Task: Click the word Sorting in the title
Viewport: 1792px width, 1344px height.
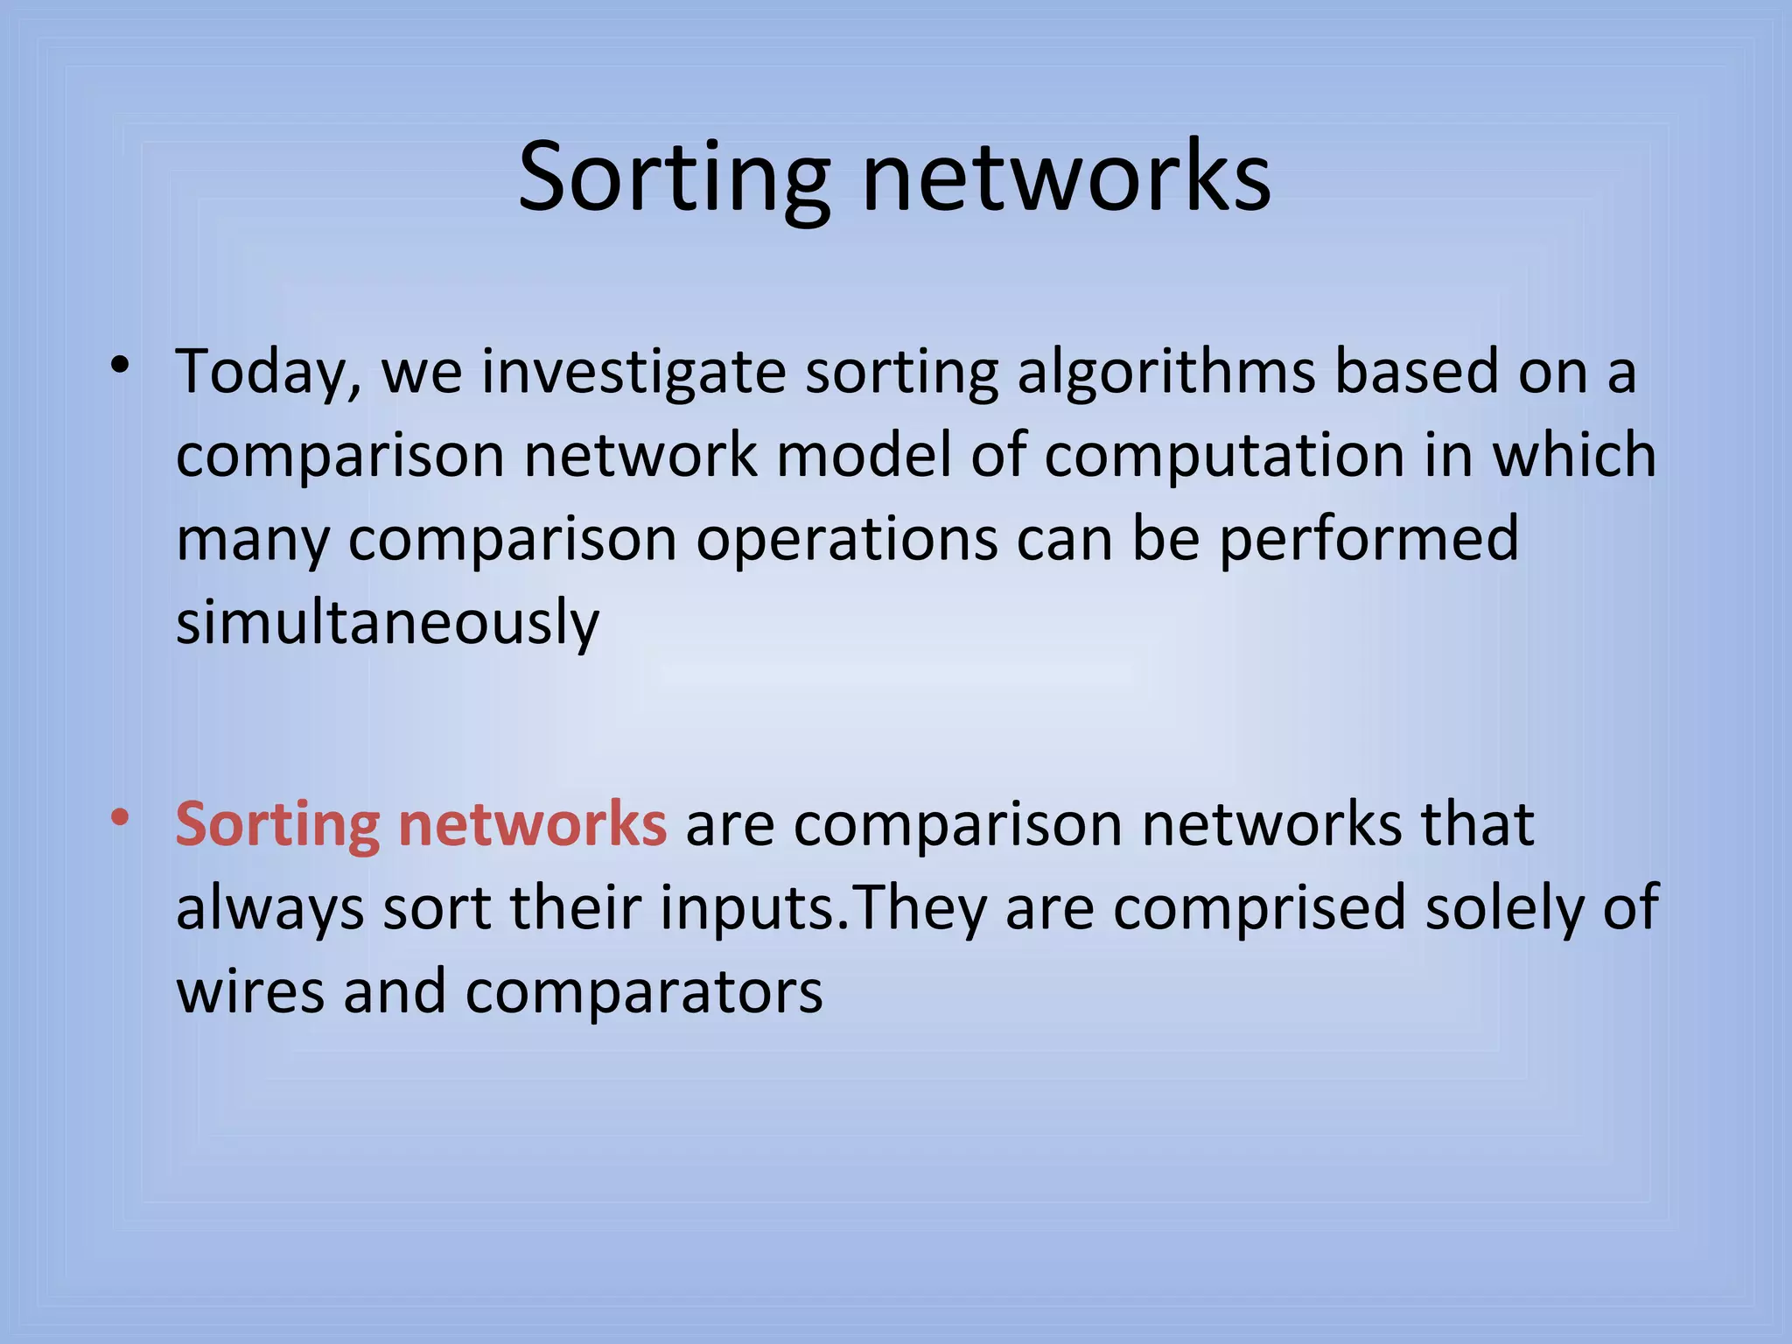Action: pos(672,179)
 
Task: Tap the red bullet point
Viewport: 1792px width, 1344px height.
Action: pos(121,818)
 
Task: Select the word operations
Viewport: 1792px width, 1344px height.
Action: pos(845,541)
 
